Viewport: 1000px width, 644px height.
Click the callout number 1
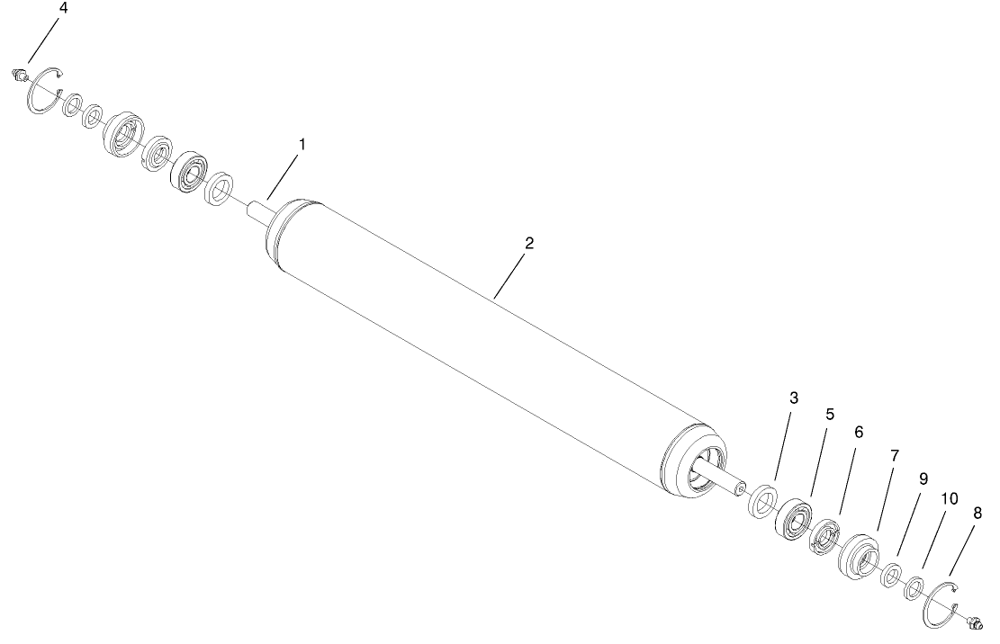[x=302, y=145]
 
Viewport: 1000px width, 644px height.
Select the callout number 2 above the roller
[x=529, y=244]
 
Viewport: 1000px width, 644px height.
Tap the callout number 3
[x=793, y=398]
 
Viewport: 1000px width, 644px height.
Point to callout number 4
[x=62, y=8]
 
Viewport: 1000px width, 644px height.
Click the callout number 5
[x=830, y=415]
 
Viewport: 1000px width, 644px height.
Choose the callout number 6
[x=858, y=433]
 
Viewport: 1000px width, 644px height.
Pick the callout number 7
[x=894, y=456]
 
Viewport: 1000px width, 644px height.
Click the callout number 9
[x=923, y=479]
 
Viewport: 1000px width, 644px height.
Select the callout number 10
[x=950, y=497]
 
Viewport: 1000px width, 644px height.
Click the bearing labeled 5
[x=795, y=520]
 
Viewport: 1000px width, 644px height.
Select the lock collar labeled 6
[x=824, y=538]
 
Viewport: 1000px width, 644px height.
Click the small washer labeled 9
[x=891, y=574]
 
